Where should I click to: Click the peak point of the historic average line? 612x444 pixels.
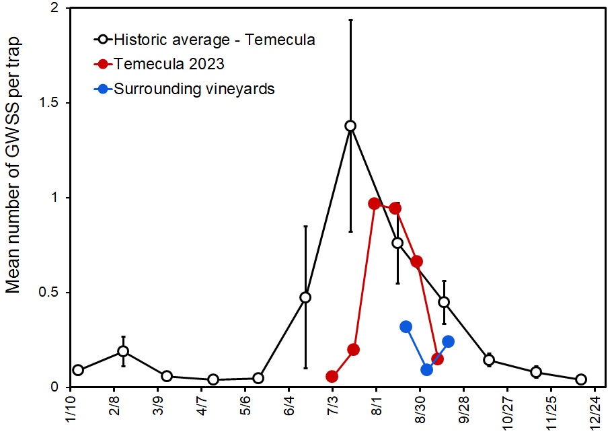tap(350, 126)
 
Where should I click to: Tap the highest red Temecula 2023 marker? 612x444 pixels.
tap(375, 203)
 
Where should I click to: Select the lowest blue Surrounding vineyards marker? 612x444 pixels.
tap(426, 369)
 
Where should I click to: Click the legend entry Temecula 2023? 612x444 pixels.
tap(169, 64)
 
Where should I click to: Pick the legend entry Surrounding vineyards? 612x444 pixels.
tap(194, 88)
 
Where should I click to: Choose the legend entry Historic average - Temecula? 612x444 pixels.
tap(215, 39)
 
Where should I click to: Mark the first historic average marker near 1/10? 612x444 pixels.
tap(78, 370)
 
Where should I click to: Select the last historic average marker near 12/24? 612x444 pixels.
tap(581, 379)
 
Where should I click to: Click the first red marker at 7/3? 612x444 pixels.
tap(332, 376)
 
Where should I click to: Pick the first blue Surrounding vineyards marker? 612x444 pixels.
tap(406, 327)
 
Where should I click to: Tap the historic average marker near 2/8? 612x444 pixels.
tap(123, 351)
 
